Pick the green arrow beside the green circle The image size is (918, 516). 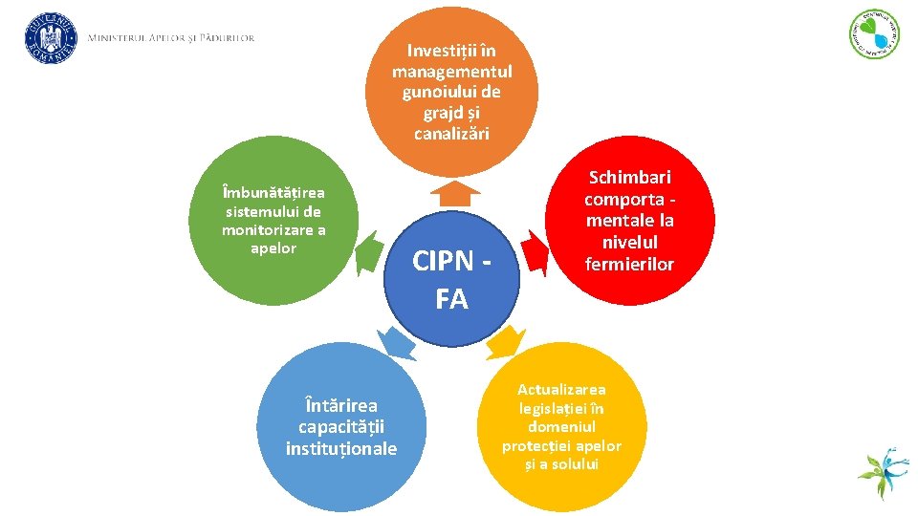(x=368, y=256)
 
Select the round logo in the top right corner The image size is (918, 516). (x=874, y=34)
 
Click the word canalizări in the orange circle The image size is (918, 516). (x=451, y=134)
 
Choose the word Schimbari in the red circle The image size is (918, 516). (x=630, y=178)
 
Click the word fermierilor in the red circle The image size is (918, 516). (x=630, y=264)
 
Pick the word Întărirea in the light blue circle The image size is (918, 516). (x=340, y=406)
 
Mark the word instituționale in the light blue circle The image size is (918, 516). (x=340, y=448)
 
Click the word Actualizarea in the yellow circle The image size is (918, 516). (x=561, y=390)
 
